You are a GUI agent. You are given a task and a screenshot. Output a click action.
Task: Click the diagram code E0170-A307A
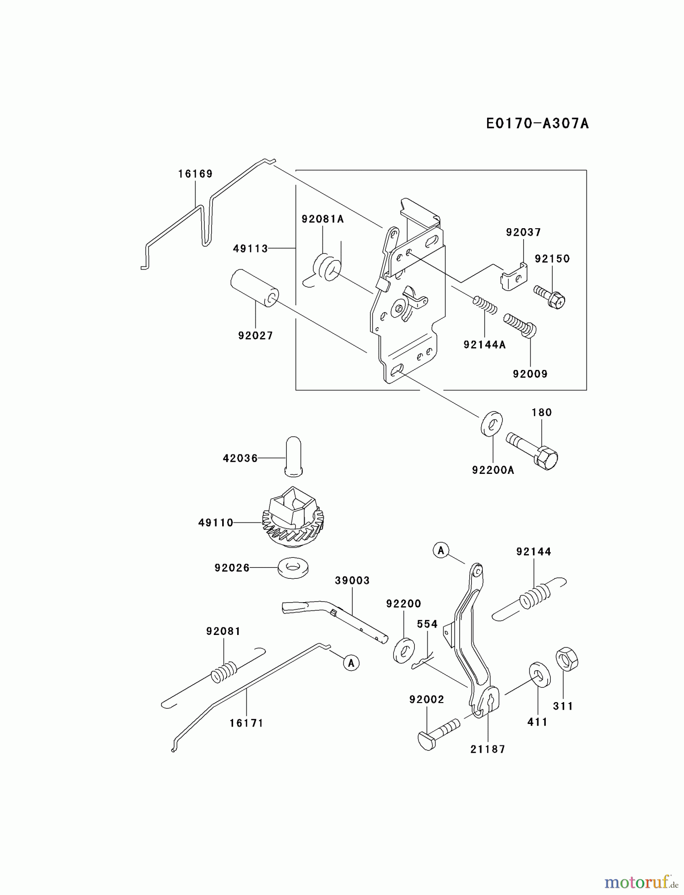pos(537,123)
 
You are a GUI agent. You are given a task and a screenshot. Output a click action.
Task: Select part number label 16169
pos(195,174)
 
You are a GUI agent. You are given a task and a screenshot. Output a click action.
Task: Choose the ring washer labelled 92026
pos(293,567)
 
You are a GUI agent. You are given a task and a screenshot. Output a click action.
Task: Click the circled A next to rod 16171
pos(351,663)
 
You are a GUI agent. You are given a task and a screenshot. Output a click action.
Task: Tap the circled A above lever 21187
pos(441,550)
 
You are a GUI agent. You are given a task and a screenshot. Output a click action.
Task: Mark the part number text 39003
pos(352,581)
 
